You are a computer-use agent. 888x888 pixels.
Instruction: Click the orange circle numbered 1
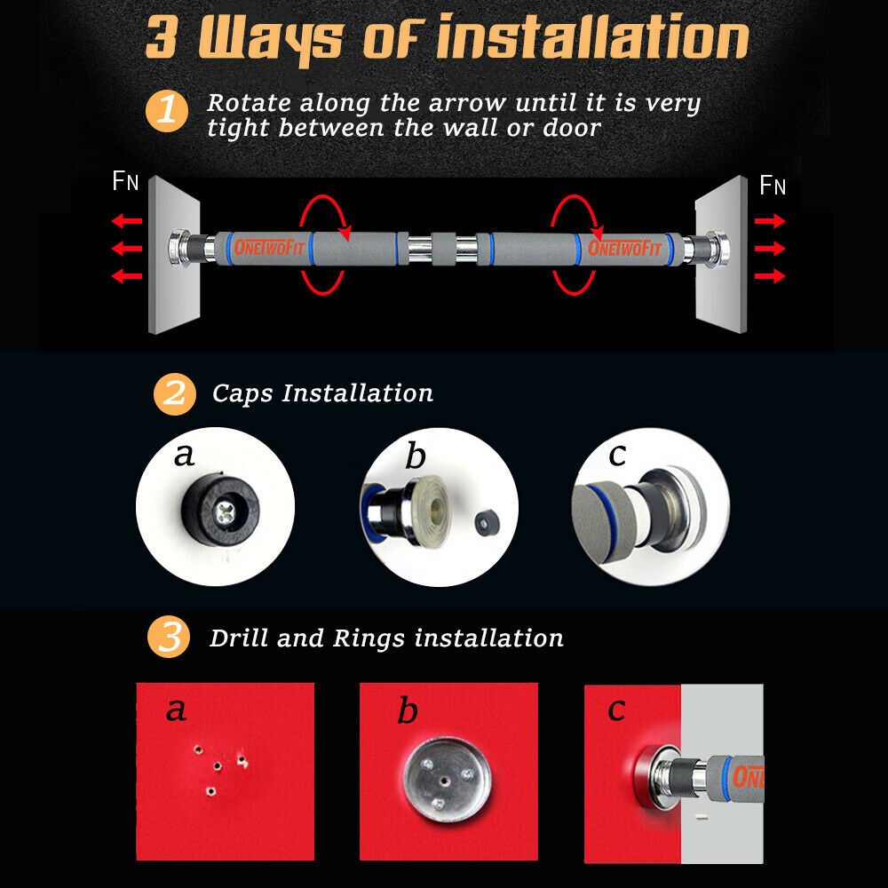[x=167, y=110]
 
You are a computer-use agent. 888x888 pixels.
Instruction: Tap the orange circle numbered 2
[x=174, y=394]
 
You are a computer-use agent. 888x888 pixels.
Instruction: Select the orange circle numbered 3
[x=169, y=637]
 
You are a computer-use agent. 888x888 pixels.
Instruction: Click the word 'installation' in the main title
[x=593, y=36]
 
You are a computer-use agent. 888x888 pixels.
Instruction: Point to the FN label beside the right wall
[x=772, y=185]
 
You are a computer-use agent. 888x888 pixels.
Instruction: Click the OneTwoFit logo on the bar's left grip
[x=269, y=248]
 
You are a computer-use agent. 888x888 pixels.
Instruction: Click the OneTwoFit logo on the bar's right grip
[x=624, y=248]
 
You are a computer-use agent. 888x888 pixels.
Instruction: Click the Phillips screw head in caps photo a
[x=225, y=514]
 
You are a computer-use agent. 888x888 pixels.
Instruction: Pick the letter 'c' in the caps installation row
[x=617, y=455]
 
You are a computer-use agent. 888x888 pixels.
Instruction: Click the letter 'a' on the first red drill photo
[x=176, y=710]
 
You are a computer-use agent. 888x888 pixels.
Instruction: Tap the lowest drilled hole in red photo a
[x=210, y=790]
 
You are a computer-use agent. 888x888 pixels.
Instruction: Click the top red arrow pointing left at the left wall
[x=126, y=220]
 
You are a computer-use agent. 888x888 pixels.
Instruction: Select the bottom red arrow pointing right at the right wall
[x=770, y=276]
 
